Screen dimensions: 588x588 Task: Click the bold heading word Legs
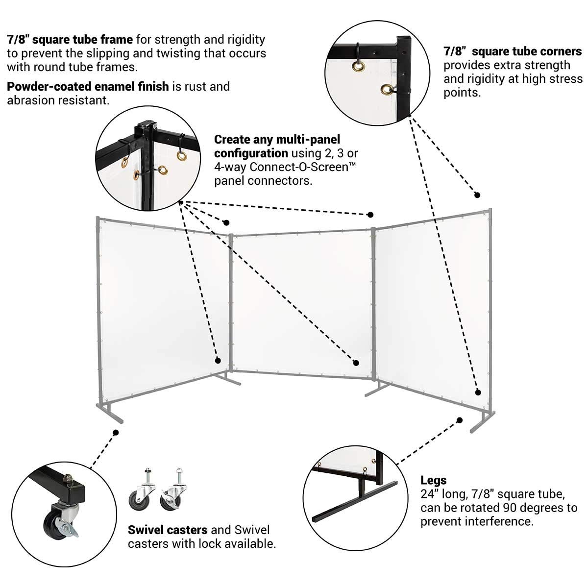click(x=433, y=480)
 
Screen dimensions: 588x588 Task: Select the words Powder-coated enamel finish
click(x=88, y=87)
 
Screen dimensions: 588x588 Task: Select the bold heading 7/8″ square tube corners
click(x=513, y=51)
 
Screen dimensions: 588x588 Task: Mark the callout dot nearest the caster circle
click(x=116, y=433)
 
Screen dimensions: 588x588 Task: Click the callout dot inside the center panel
click(x=356, y=363)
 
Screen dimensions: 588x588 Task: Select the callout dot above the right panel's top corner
click(x=477, y=195)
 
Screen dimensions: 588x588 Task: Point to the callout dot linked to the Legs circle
click(x=460, y=420)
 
